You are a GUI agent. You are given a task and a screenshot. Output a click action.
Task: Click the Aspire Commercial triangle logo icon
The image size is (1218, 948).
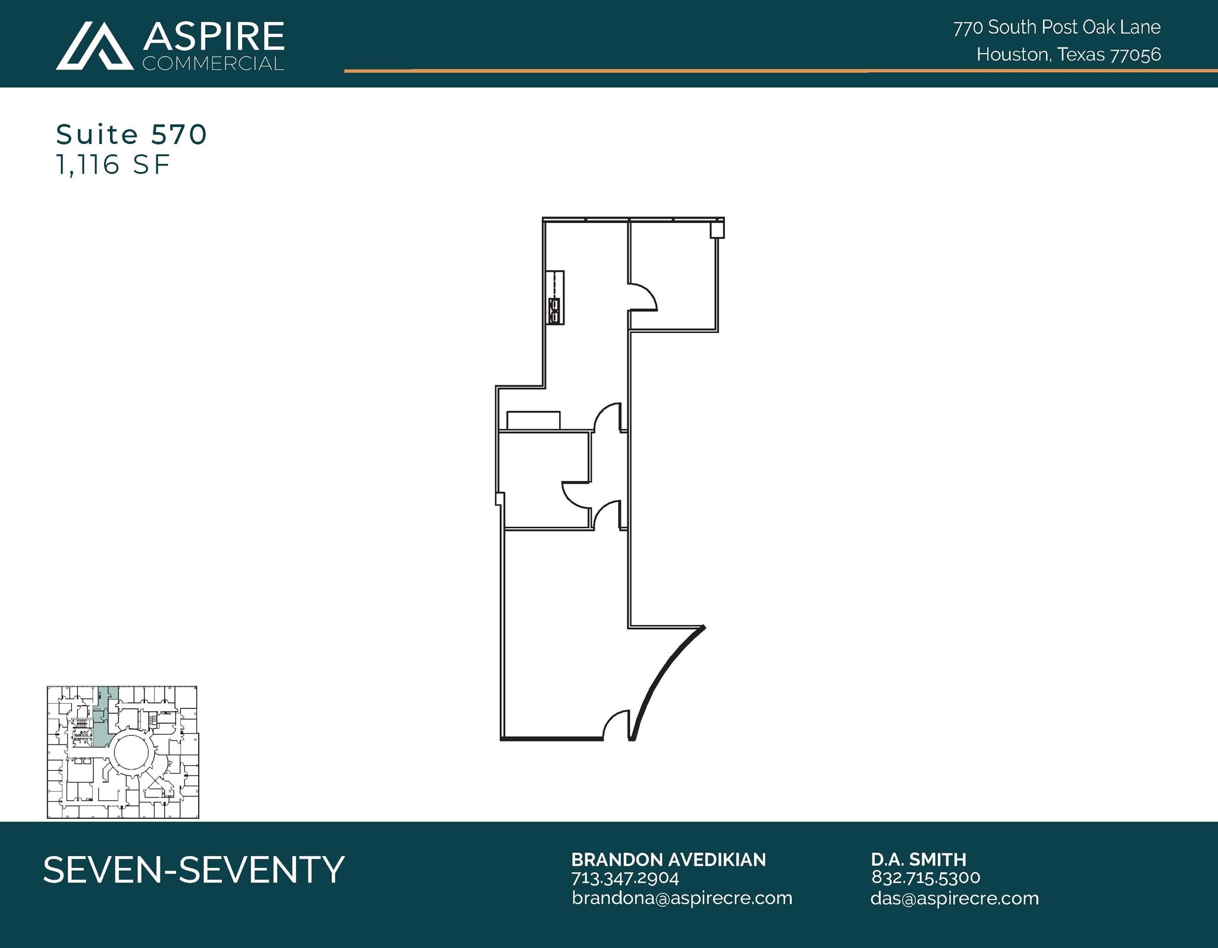pyautogui.click(x=94, y=46)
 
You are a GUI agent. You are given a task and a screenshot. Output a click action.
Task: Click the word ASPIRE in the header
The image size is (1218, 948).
pyautogui.click(x=214, y=37)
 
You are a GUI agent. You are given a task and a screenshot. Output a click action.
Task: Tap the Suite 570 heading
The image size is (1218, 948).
pyautogui.click(x=131, y=135)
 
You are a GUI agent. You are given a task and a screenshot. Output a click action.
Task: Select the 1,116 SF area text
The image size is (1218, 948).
pyautogui.click(x=113, y=165)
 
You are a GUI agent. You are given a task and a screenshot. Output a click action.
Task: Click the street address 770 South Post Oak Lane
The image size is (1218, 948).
pyautogui.click(x=1057, y=27)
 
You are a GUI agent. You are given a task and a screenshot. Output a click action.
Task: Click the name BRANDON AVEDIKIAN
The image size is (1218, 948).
pyautogui.click(x=668, y=859)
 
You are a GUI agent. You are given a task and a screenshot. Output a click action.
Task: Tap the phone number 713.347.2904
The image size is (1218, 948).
pyautogui.click(x=625, y=878)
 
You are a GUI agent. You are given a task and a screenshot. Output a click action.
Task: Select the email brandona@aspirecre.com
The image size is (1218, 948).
pyautogui.click(x=682, y=898)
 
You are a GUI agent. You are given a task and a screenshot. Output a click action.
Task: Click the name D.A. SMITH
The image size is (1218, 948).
pyautogui.click(x=919, y=859)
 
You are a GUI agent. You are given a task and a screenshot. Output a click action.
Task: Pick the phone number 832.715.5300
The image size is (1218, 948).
pyautogui.click(x=926, y=878)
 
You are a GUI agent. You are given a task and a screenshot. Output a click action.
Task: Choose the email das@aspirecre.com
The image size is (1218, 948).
pyautogui.click(x=955, y=898)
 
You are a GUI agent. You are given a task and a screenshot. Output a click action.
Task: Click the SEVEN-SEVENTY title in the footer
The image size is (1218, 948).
pyautogui.click(x=194, y=869)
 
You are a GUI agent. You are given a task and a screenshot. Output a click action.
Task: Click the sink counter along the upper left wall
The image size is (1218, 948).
pyautogui.click(x=555, y=297)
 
